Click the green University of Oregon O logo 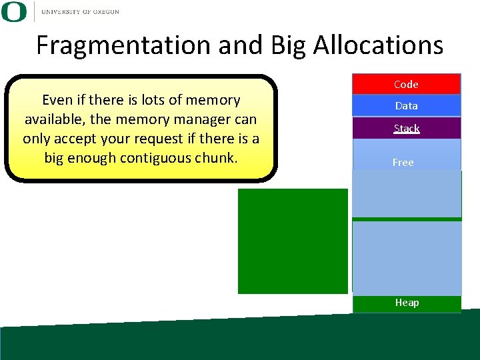[x=14, y=11]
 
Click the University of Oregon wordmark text [x=80, y=11]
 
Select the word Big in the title [x=288, y=45]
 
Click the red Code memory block [x=406, y=84]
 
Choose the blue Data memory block [x=406, y=105]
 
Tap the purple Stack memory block [x=406, y=128]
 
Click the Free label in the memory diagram [x=403, y=162]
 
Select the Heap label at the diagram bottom [x=407, y=303]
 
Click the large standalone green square [x=293, y=241]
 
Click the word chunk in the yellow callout [x=215, y=158]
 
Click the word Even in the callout [x=57, y=100]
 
